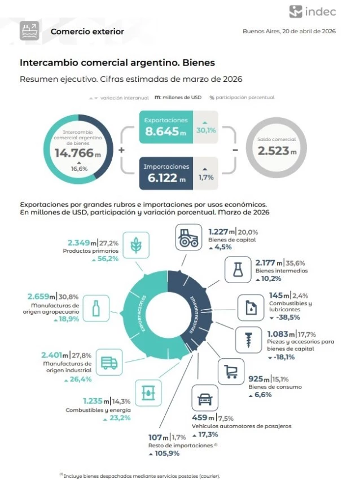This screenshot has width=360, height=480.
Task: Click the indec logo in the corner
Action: (312, 12)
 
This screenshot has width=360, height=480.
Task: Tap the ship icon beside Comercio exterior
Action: (29, 31)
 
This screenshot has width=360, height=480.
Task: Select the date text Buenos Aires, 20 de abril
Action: (289, 32)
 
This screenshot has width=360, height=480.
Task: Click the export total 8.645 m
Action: (165, 131)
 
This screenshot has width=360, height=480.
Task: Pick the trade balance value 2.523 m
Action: (277, 151)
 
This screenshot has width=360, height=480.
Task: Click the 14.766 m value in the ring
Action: (78, 152)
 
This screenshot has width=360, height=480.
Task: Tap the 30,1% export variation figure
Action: (205, 130)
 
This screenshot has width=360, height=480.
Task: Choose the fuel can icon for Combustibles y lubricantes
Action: (250, 308)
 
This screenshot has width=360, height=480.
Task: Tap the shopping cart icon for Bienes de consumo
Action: (231, 371)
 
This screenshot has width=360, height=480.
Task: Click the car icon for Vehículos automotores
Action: (203, 400)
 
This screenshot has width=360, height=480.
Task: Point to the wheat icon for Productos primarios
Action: (136, 245)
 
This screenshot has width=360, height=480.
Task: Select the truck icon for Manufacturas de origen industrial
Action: (109, 364)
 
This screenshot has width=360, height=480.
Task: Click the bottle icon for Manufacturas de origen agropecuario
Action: (96, 307)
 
